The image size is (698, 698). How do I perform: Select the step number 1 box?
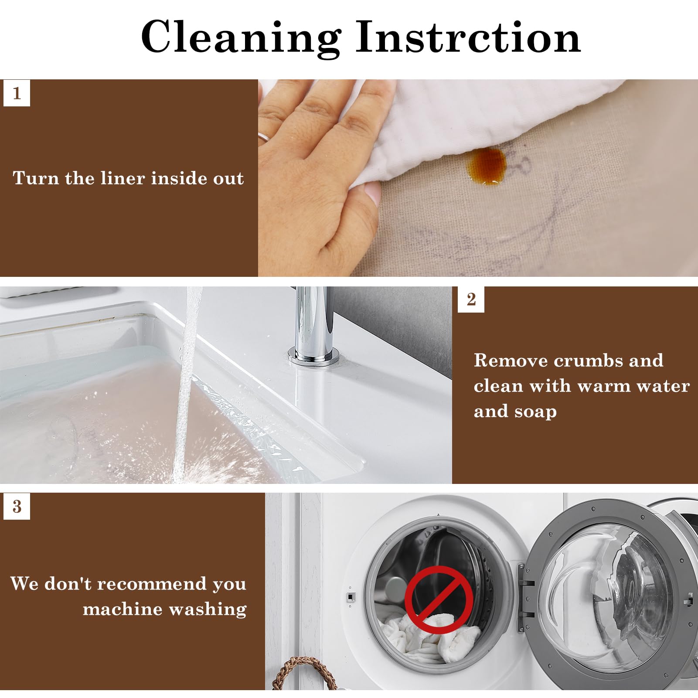(17, 93)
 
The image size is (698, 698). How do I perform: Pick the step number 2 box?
(471, 300)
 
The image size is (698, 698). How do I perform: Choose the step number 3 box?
(17, 506)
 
